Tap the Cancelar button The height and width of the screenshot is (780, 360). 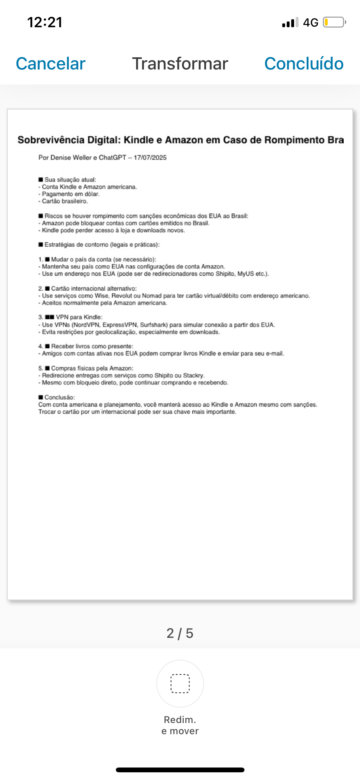tap(51, 63)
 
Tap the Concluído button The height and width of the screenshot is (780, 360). tap(304, 63)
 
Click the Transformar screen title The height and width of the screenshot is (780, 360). tap(180, 63)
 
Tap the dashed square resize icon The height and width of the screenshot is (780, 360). tap(180, 684)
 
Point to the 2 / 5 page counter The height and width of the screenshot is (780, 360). tap(180, 633)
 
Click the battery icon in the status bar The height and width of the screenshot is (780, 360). tap(334, 22)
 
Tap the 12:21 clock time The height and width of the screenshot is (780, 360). tap(45, 22)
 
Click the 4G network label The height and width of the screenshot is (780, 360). tap(310, 22)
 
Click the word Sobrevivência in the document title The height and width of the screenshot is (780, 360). tap(51, 140)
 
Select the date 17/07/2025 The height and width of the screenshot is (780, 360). tap(150, 158)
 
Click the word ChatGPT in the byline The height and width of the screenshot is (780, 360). tap(112, 158)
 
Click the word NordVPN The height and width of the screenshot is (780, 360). tap(85, 325)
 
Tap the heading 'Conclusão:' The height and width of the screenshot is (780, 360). tap(60, 397)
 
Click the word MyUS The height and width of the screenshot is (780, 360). tap(245, 274)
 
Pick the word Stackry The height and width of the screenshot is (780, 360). tap(193, 375)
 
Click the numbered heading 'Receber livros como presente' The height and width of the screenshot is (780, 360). tap(92, 346)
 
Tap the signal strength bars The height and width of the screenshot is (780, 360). tap(290, 22)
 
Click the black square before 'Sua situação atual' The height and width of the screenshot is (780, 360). tap(41, 180)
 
